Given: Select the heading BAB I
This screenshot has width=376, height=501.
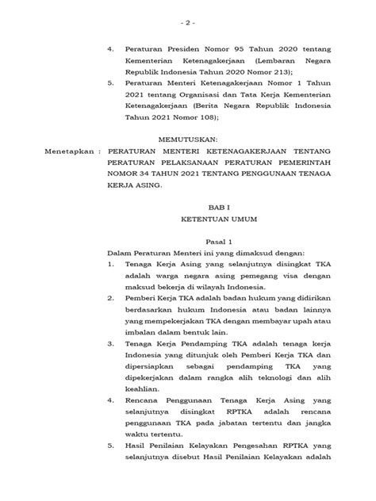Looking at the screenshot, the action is (x=189, y=204).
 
